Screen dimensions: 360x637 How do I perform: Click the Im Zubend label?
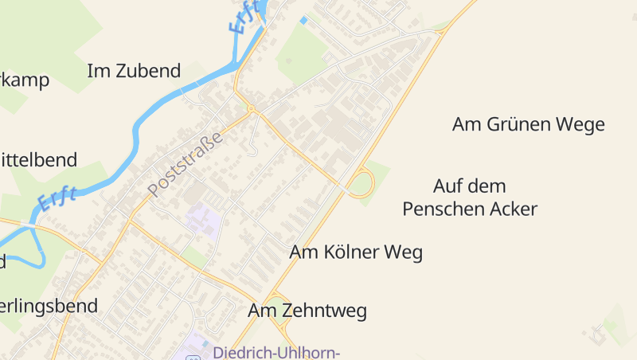click(x=134, y=71)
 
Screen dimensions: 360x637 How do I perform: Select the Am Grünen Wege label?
click(x=528, y=124)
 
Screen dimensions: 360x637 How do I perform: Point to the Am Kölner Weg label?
click(x=355, y=252)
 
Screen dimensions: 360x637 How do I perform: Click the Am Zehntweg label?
click(x=307, y=311)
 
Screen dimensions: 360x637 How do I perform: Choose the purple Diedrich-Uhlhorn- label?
click(x=276, y=352)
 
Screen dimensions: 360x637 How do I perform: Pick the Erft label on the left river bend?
click(x=58, y=198)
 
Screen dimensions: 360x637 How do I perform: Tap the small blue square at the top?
click(x=303, y=20)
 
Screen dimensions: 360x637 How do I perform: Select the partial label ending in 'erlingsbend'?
click(x=49, y=305)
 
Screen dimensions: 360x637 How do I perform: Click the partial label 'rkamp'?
click(x=24, y=80)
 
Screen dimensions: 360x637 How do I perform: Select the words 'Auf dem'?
click(x=469, y=186)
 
